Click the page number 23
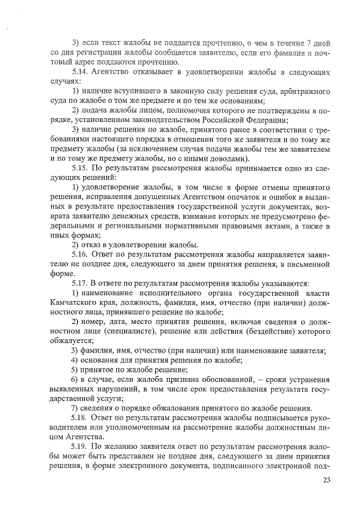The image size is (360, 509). point(327,480)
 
